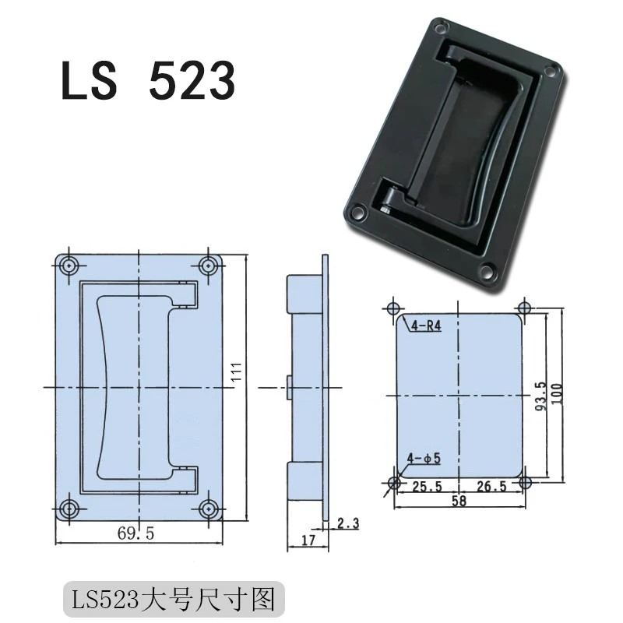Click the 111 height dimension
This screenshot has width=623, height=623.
(x=236, y=375)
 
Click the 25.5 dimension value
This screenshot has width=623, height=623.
(x=427, y=487)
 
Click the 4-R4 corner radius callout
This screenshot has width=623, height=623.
(x=425, y=327)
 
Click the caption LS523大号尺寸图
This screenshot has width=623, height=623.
(x=174, y=600)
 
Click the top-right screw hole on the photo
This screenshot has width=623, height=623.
(x=550, y=72)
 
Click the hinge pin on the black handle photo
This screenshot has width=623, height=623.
(x=386, y=208)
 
